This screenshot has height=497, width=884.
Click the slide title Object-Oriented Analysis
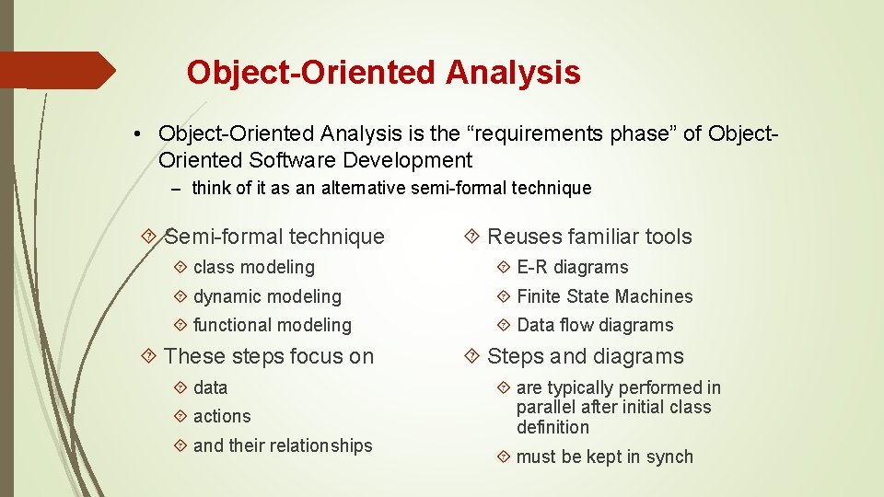point(383,72)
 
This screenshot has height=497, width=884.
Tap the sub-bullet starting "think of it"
point(391,189)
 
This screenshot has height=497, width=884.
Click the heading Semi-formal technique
point(274,237)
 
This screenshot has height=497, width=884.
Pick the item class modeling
point(253,267)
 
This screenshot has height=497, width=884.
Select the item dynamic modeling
point(267,296)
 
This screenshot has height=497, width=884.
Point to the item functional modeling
point(272,325)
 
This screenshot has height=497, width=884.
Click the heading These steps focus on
point(269,356)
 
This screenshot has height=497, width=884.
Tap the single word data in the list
point(210,387)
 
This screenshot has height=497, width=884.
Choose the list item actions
point(222,416)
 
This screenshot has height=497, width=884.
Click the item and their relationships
point(283,445)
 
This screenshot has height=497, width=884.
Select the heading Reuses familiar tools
point(589,237)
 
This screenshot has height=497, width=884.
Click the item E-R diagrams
point(572,267)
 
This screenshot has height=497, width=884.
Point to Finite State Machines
point(604,296)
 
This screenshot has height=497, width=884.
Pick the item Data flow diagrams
point(595,325)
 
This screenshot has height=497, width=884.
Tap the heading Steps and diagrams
point(586,356)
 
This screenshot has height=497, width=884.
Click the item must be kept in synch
point(604,457)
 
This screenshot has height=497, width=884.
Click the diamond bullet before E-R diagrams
point(503,267)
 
